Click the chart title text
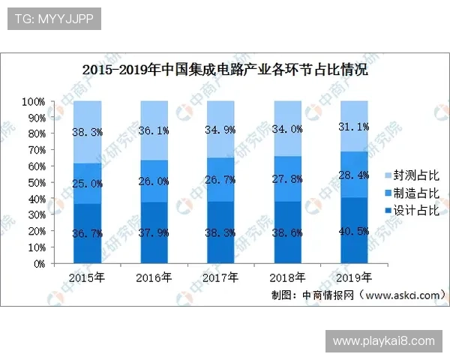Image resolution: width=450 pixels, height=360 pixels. (224, 72)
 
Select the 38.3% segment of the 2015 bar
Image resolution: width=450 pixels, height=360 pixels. (87, 132)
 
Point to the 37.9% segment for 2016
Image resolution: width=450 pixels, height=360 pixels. (154, 233)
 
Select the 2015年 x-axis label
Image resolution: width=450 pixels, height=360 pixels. (87, 277)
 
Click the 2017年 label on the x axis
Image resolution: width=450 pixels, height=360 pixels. (221, 277)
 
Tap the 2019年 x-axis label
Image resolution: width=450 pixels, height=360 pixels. (355, 277)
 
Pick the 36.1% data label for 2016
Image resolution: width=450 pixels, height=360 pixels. (154, 130)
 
